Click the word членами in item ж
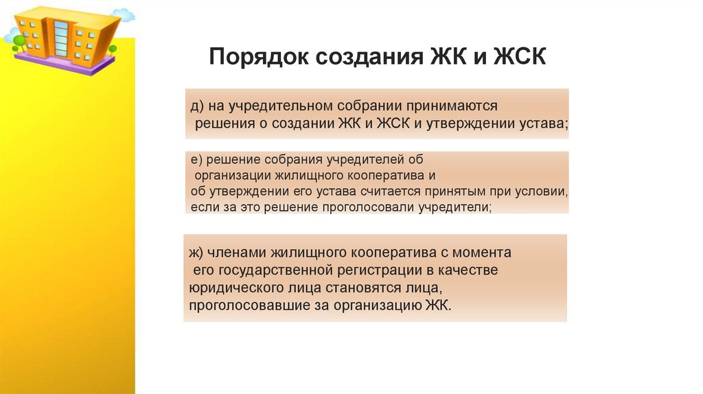(238, 253)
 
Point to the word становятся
(369, 288)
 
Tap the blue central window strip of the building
(61, 38)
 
